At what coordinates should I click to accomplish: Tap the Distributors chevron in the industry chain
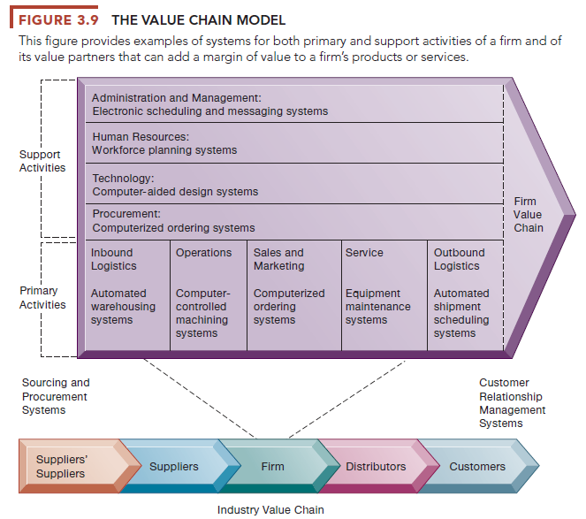pyautogui.click(x=376, y=466)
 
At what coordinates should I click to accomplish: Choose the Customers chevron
pyautogui.click(x=477, y=466)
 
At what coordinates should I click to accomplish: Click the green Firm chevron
pyautogui.click(x=273, y=466)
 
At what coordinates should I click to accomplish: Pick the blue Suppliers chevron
pyautogui.click(x=174, y=466)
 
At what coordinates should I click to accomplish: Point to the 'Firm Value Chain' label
pyautogui.click(x=528, y=215)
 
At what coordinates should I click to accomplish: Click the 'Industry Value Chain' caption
pyautogui.click(x=270, y=509)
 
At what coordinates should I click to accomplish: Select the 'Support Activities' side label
pyautogui.click(x=42, y=161)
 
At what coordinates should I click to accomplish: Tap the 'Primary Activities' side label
pyautogui.click(x=42, y=297)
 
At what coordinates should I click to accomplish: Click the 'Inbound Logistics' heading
pyautogui.click(x=112, y=259)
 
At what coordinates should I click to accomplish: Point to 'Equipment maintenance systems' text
pyautogui.click(x=377, y=306)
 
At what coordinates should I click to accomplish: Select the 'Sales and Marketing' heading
pyautogui.click(x=278, y=259)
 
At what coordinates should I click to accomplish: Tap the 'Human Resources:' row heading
pyautogui.click(x=141, y=137)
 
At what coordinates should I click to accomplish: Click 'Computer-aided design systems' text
pyautogui.click(x=175, y=191)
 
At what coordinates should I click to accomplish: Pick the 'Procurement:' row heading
pyautogui.click(x=126, y=214)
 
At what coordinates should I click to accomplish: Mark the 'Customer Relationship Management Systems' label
pyautogui.click(x=512, y=403)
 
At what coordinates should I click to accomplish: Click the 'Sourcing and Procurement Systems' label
pyautogui.click(x=56, y=396)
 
